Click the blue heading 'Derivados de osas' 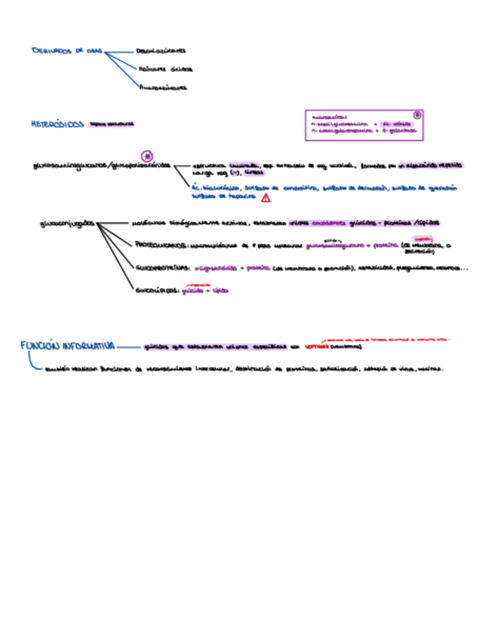click(x=67, y=50)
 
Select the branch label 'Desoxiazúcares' click(x=161, y=51)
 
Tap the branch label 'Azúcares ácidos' click(x=166, y=69)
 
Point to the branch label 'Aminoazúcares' click(x=163, y=88)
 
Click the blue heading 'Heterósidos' click(x=58, y=124)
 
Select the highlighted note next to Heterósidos click(x=112, y=124)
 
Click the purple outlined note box click(x=364, y=125)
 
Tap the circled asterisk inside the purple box click(x=418, y=115)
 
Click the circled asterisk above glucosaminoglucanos click(x=147, y=155)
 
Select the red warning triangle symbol click(x=266, y=197)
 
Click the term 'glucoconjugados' click(x=66, y=223)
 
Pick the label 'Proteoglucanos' click(x=161, y=247)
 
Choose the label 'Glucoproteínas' click(x=163, y=268)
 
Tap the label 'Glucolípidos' click(x=157, y=290)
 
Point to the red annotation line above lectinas click(x=387, y=339)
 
